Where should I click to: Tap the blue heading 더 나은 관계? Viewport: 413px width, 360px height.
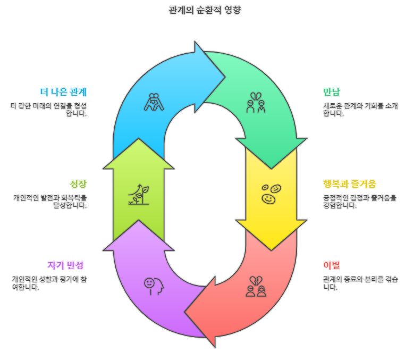point(63,91)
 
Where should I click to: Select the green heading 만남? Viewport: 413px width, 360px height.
point(332,91)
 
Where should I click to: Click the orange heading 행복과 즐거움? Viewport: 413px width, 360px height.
point(349,184)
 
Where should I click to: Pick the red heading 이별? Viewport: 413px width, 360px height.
point(331,265)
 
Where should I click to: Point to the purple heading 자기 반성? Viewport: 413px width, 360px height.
point(66,265)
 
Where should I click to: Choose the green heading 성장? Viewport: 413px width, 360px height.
point(78,184)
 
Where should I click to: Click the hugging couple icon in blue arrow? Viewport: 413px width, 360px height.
point(153,102)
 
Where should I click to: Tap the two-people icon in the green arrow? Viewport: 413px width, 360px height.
point(256,103)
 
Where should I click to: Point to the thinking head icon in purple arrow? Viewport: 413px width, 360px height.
point(153,285)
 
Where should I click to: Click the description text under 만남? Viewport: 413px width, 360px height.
point(360,109)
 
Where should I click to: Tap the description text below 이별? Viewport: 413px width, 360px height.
point(360,283)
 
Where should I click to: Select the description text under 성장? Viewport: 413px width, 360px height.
point(50,201)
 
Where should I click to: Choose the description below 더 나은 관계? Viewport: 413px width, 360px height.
point(49,109)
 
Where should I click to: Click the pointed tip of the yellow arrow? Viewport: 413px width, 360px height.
point(272,249)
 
